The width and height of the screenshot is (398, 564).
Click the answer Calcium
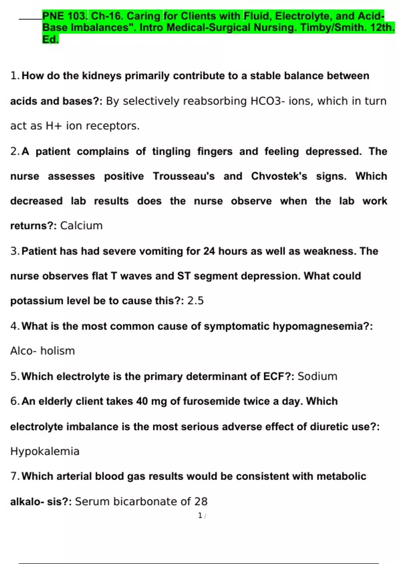[81, 226]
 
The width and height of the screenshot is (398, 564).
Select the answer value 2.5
[195, 301]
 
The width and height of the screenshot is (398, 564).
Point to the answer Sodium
[317, 376]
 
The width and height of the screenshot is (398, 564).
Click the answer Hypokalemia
[45, 451]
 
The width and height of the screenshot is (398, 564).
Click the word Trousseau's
[184, 176]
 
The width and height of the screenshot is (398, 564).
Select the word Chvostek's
[279, 176]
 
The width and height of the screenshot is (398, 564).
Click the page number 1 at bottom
[200, 515]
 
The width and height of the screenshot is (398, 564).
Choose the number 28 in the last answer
[201, 501]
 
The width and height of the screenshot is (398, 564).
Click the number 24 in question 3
[209, 251]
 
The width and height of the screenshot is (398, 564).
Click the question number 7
[14, 476]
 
